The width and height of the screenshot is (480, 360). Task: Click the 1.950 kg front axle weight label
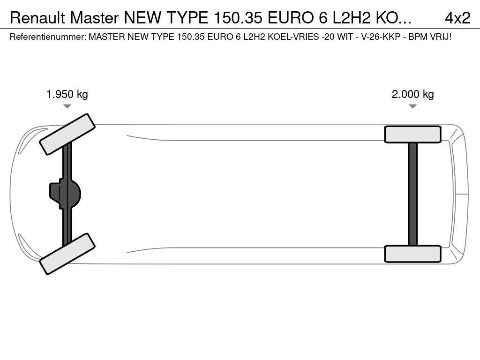tap(67, 94)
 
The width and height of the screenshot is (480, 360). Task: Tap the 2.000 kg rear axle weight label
tap(412, 94)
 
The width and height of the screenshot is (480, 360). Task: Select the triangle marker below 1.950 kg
tap(67, 106)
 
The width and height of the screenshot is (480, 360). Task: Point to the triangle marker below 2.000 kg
tap(412, 106)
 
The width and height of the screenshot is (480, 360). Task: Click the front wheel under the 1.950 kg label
tap(67, 134)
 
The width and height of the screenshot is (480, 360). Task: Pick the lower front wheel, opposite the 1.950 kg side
tap(67, 254)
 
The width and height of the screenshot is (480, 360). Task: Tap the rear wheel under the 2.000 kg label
tap(412, 135)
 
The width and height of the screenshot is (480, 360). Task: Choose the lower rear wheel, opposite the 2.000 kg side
tap(412, 254)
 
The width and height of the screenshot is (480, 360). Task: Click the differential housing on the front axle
tap(65, 194)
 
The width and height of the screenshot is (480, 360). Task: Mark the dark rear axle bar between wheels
tap(412, 194)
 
